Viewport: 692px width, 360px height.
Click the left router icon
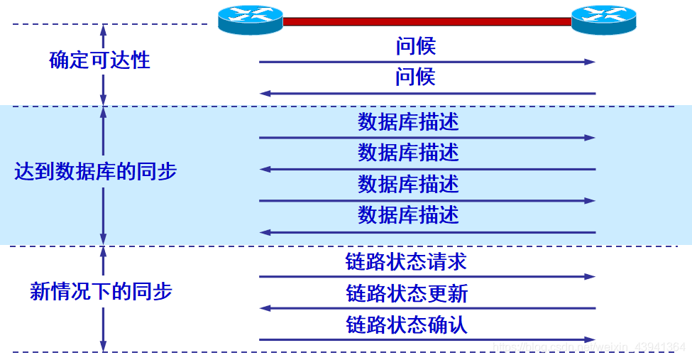(x=250, y=20)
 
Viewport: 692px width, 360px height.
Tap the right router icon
(x=604, y=20)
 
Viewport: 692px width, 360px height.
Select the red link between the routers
(x=427, y=22)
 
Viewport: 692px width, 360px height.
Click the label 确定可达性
(x=100, y=60)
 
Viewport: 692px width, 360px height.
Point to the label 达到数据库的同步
(x=95, y=171)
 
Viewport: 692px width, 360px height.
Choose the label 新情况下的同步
(x=101, y=291)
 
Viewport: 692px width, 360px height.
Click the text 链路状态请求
(x=406, y=261)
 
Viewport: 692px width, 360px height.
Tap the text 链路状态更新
(x=407, y=293)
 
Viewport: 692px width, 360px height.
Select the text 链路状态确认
(x=407, y=324)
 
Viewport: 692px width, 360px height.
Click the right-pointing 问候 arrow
(x=427, y=62)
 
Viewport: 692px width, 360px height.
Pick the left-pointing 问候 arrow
(x=427, y=93)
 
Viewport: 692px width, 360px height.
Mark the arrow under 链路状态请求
(x=427, y=276)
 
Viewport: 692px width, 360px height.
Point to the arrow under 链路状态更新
(x=427, y=308)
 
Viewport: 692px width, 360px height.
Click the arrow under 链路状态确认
(x=427, y=339)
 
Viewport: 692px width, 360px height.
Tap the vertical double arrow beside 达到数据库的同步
(x=104, y=175)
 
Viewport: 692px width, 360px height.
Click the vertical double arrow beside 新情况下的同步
(x=104, y=299)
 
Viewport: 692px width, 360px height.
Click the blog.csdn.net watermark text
(x=589, y=347)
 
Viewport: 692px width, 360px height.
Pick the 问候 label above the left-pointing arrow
(x=415, y=77)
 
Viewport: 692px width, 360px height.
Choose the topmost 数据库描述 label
(x=408, y=121)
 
